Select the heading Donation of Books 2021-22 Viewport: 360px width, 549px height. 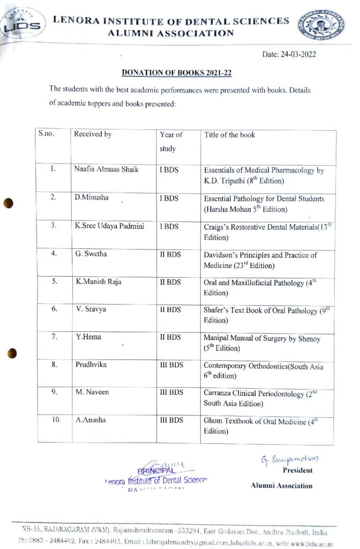coord(177,72)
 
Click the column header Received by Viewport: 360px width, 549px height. coord(93,135)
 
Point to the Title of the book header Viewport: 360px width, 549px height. coord(230,135)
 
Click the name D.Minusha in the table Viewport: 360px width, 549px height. coord(91,197)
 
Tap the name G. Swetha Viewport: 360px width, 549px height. coord(91,254)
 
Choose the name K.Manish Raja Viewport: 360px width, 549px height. coord(99,281)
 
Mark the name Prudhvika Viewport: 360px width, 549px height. coord(91,365)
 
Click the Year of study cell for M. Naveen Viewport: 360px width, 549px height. coord(171,392)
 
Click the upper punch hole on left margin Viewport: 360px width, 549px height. coord(7,204)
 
